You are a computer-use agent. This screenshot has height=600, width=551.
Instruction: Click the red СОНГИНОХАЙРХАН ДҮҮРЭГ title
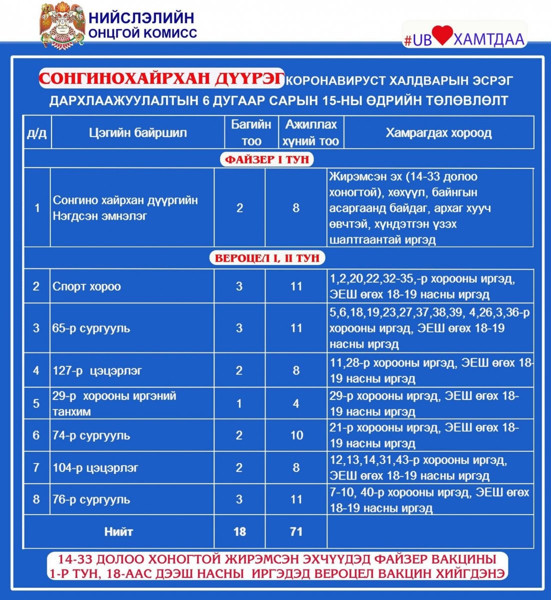(x=162, y=78)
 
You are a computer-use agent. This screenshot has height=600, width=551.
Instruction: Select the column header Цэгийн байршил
(x=137, y=133)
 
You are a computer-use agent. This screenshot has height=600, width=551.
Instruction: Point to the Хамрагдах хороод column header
(x=438, y=133)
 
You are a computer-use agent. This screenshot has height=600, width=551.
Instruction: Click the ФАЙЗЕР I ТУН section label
(x=267, y=159)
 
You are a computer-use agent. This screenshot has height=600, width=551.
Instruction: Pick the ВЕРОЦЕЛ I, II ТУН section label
(x=267, y=258)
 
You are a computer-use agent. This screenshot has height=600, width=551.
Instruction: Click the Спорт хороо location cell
(x=87, y=286)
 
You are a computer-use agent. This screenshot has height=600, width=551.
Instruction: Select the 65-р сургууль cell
(x=91, y=328)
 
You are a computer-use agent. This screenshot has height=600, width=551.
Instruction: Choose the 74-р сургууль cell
(x=91, y=435)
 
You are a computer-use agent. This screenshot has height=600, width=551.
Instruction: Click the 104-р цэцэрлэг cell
(x=95, y=468)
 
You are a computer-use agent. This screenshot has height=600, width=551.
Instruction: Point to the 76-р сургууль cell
(x=91, y=499)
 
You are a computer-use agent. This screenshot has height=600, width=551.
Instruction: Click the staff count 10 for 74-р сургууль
(x=296, y=435)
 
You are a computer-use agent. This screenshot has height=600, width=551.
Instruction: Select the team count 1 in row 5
(x=239, y=403)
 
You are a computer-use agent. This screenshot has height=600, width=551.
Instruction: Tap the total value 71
(x=296, y=531)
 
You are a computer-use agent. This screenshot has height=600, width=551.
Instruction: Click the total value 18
(x=239, y=531)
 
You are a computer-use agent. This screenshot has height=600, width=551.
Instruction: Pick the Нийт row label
(x=118, y=531)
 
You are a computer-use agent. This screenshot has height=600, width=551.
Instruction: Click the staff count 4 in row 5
(x=296, y=403)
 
